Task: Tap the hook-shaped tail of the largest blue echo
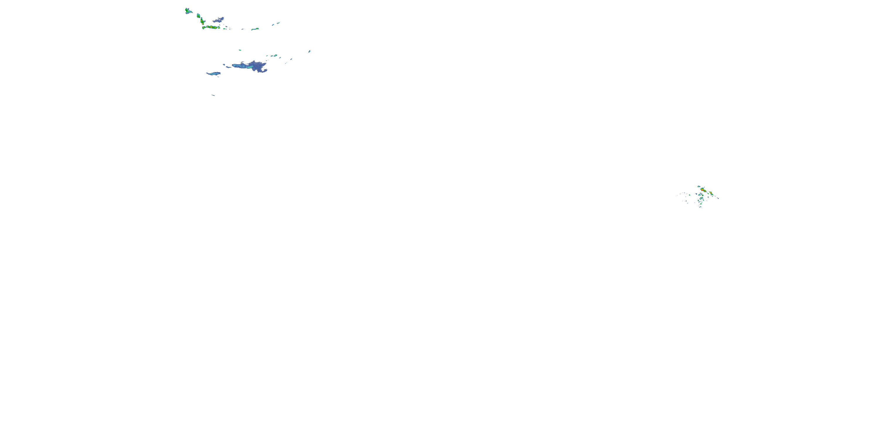(x=263, y=71)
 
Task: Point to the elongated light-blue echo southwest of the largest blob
(x=214, y=73)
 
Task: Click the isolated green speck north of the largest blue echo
(x=240, y=50)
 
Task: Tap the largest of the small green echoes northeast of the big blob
(x=275, y=56)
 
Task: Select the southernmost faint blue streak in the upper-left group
(x=213, y=95)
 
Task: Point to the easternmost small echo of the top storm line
(x=278, y=23)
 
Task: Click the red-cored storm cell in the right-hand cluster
(x=702, y=189)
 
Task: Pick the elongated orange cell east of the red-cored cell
(x=711, y=193)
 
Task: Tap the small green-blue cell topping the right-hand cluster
(x=699, y=187)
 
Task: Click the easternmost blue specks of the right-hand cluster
(x=718, y=198)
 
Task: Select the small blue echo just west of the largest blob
(x=224, y=65)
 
